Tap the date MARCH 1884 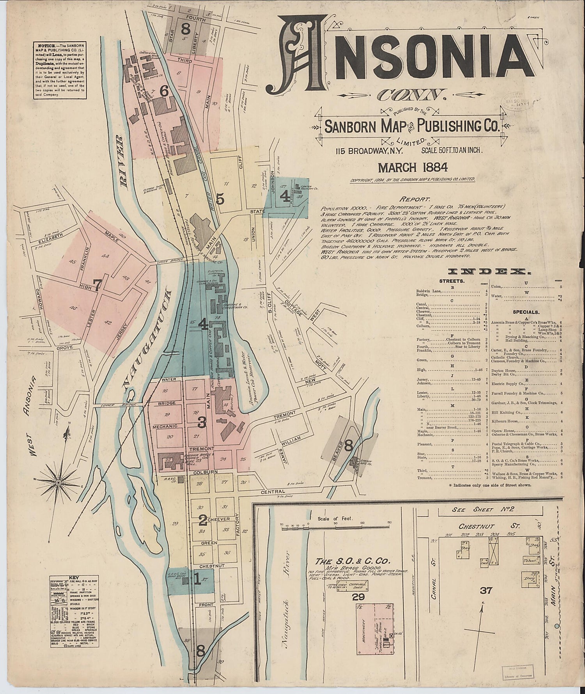413,167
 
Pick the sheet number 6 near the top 164,91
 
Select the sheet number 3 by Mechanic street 202,422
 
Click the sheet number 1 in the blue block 197,581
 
